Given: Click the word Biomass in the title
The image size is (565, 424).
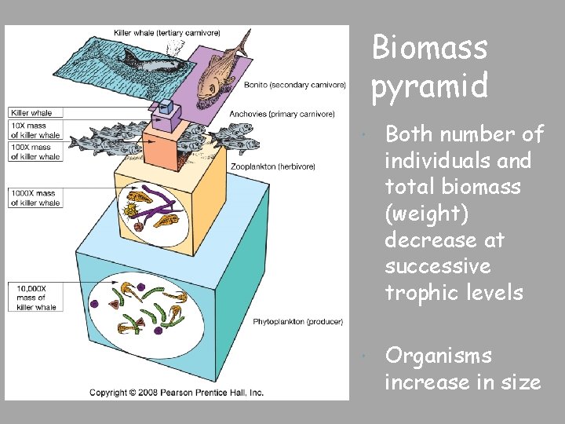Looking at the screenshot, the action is [x=429, y=48].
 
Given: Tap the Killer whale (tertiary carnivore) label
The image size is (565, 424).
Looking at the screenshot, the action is [x=177, y=32].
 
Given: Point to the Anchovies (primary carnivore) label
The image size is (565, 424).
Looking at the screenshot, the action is [x=287, y=114].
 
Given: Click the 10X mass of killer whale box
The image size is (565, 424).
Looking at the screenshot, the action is [x=35, y=130].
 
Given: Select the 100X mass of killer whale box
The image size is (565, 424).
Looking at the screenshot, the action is [x=35, y=152].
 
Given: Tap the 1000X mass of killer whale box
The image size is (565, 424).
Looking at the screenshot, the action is [x=35, y=198].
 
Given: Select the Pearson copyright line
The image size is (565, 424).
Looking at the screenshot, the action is [x=176, y=392].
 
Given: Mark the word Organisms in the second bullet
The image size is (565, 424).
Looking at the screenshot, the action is [x=439, y=356].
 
